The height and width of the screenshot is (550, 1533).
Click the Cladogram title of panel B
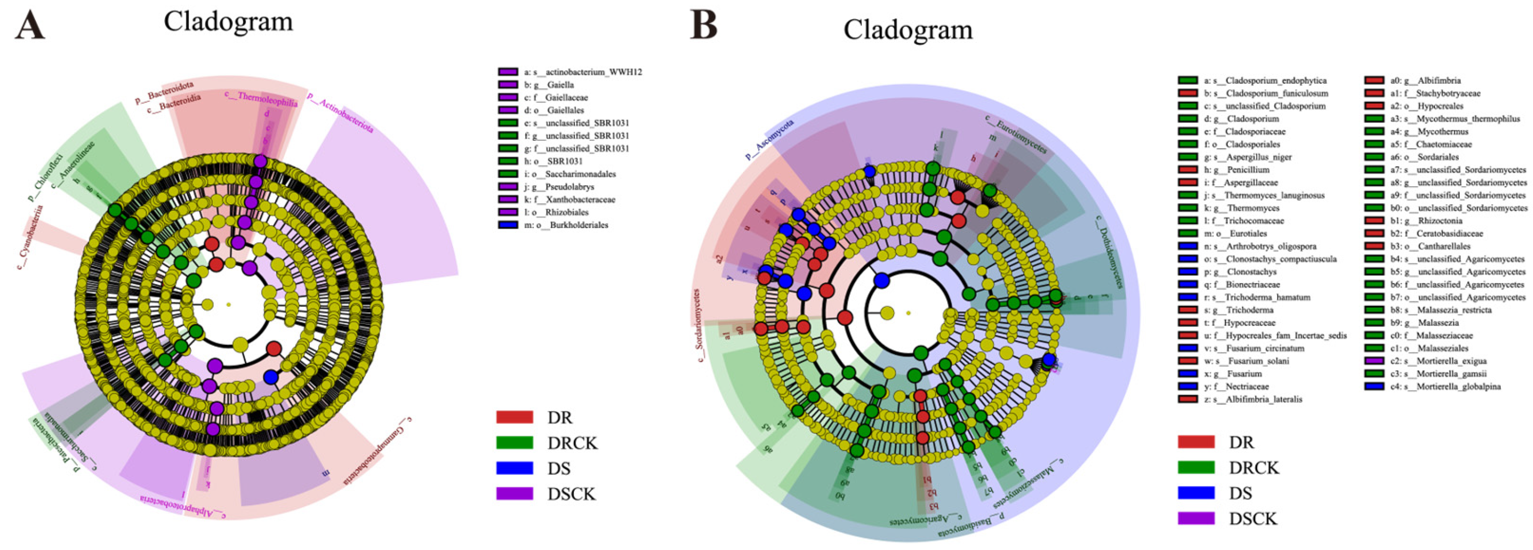click(908, 29)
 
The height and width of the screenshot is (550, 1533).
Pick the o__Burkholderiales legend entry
click(565, 225)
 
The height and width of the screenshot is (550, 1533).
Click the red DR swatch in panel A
click(514, 417)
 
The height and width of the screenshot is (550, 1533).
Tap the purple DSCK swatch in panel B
click(1196, 518)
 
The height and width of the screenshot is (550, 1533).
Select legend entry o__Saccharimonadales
click(570, 174)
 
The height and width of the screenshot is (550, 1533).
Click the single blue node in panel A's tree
click(271, 377)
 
